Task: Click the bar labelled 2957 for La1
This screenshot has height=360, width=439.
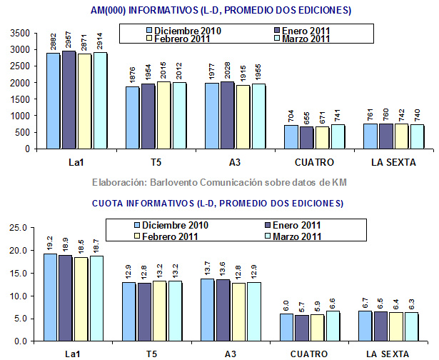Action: click(x=69, y=100)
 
